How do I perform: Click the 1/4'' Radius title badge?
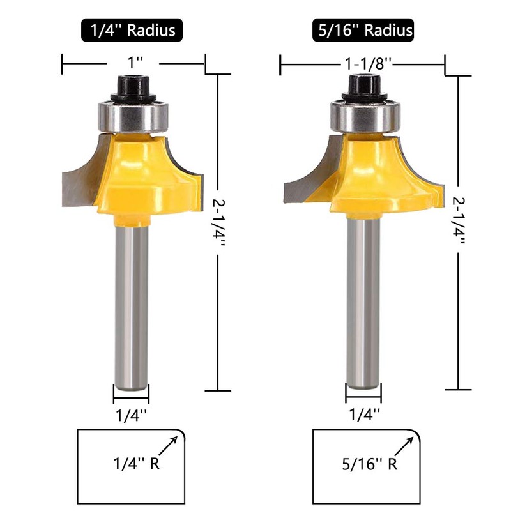click(132, 30)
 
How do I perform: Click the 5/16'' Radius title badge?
click(363, 30)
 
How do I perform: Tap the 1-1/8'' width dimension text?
click(368, 64)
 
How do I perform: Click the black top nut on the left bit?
click(133, 89)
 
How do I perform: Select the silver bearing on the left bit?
click(133, 117)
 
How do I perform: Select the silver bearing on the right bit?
click(365, 117)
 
